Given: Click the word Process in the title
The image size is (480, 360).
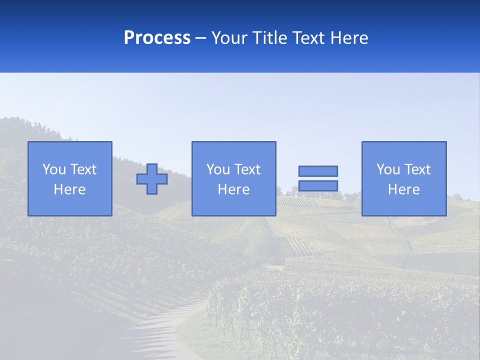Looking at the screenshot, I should click(157, 38).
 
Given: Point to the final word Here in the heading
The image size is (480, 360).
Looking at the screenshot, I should click(349, 38).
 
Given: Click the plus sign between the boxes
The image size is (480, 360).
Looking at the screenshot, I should click(152, 179).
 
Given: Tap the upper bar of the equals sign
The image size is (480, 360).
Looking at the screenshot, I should click(318, 171).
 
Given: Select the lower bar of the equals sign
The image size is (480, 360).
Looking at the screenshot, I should click(318, 185).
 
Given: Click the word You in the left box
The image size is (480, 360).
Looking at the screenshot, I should click(54, 169).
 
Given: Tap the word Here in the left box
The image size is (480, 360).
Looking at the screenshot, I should click(69, 189).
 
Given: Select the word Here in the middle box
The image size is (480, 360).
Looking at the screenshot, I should click(233, 189).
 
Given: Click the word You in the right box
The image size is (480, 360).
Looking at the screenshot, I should click(388, 169).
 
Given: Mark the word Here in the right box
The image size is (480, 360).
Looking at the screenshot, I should click(404, 189).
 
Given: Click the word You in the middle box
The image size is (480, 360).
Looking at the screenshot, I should click(218, 169).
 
